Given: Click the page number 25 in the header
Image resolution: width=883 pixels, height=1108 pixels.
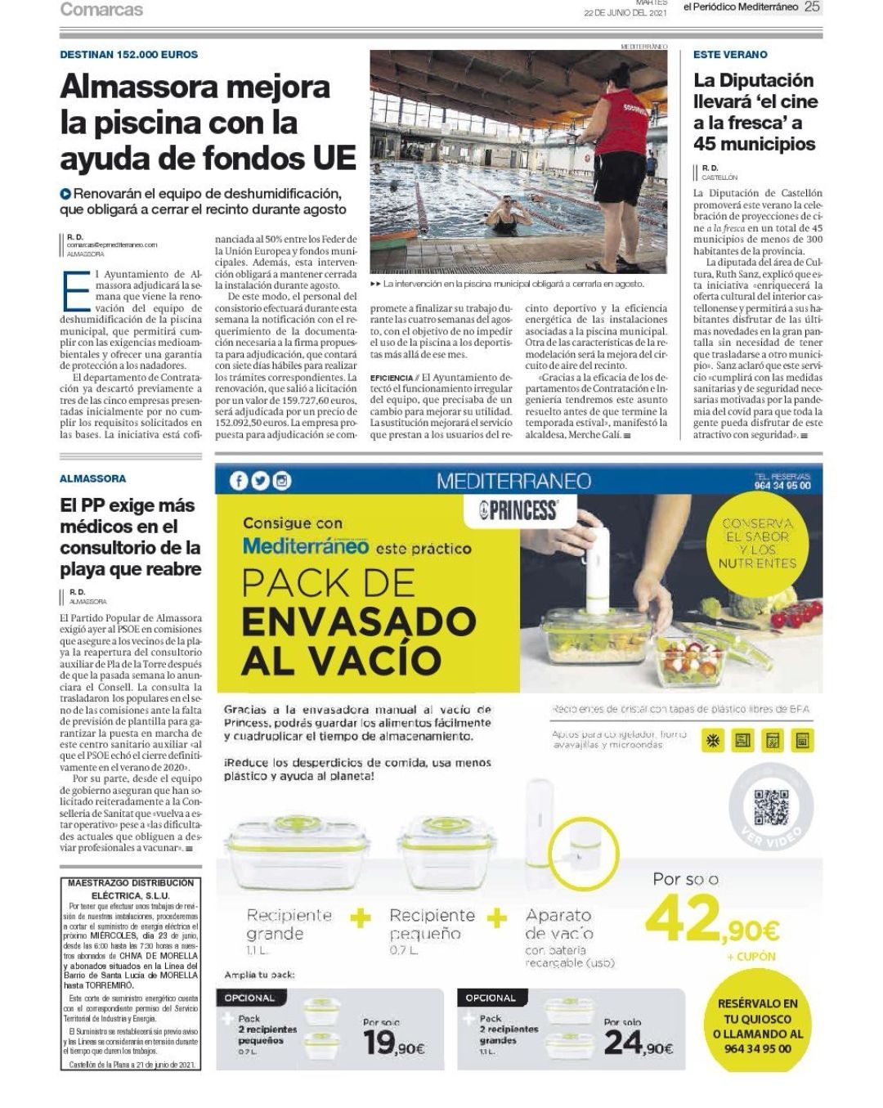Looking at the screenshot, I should click(x=812, y=7).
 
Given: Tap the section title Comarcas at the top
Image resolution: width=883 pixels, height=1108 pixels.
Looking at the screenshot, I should click(x=101, y=10).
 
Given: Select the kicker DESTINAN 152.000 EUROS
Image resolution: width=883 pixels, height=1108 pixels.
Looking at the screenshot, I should click(x=129, y=55).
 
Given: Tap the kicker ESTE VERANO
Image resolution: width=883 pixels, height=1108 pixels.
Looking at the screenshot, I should click(x=729, y=55).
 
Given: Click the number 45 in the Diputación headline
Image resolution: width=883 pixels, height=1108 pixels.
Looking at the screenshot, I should click(x=706, y=144).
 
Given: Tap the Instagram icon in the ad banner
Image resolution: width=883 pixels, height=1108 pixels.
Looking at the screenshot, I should click(x=282, y=482).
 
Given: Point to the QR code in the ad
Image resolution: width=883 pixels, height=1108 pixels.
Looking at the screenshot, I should click(x=771, y=808).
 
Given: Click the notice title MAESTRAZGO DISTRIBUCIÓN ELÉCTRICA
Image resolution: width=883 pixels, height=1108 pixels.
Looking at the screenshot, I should click(x=131, y=889).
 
